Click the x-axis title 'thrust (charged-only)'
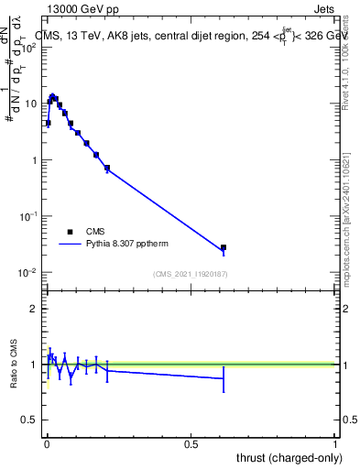coord(287,457)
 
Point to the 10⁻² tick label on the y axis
coord(27,273)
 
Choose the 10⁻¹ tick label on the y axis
coord(27,216)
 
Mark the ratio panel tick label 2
coord(34,309)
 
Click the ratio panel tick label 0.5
coord(30,420)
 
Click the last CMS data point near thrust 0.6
coord(223,247)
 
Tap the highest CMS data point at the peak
coord(53,96)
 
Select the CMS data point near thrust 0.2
coord(107,168)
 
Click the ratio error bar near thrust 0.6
coord(223,377)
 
